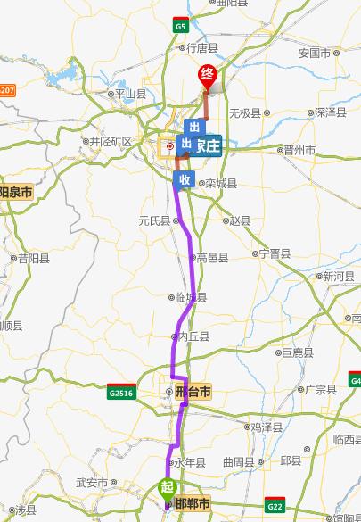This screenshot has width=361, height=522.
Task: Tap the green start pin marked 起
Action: coord(166,488)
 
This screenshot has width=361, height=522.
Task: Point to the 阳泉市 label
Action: coord(16,192)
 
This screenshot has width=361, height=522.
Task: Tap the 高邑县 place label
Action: coord(212,258)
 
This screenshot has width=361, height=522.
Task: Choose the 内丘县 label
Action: coord(193,336)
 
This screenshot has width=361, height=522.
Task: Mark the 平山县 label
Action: coord(127,93)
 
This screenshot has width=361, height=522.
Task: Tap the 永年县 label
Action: coord(189,462)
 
